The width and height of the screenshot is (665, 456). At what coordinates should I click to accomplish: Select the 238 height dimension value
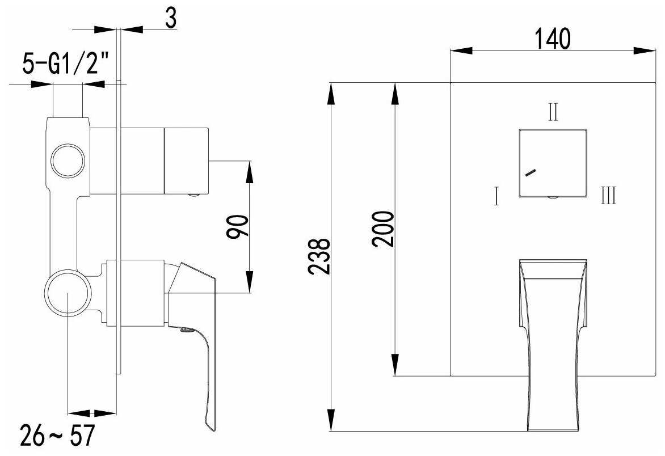pos(320,256)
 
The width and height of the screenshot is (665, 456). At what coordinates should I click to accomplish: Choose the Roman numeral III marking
pos(608,197)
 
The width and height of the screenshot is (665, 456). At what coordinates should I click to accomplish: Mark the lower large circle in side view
pos(68,294)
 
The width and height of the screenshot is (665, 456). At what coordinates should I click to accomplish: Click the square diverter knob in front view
pos(552,163)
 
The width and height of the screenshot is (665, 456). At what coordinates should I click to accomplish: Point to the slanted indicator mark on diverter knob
pos(530,173)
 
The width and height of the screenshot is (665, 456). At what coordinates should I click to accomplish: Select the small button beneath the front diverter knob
pos(552,199)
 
